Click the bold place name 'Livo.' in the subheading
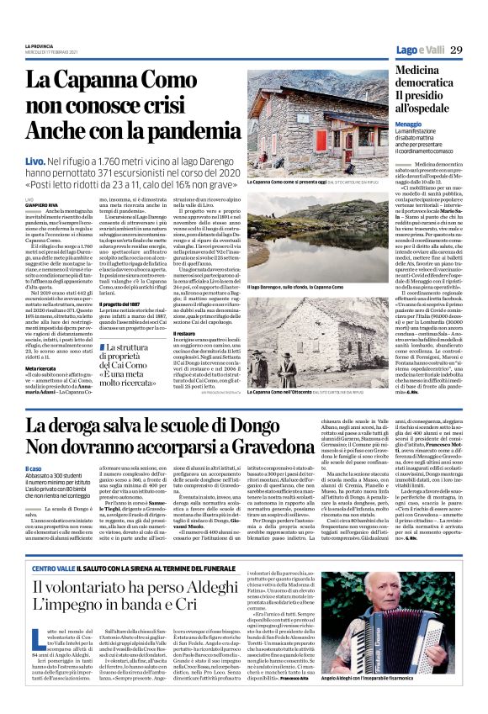tap(58, 159)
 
